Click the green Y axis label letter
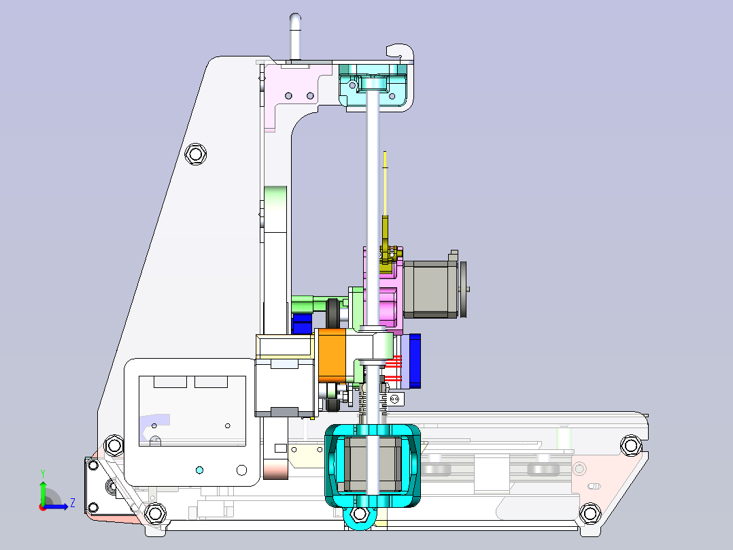click(43, 474)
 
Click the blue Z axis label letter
click(73, 503)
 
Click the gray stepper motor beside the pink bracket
click(430, 289)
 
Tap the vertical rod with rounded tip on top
click(295, 37)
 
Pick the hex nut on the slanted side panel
click(195, 154)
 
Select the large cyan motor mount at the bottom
click(373, 466)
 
